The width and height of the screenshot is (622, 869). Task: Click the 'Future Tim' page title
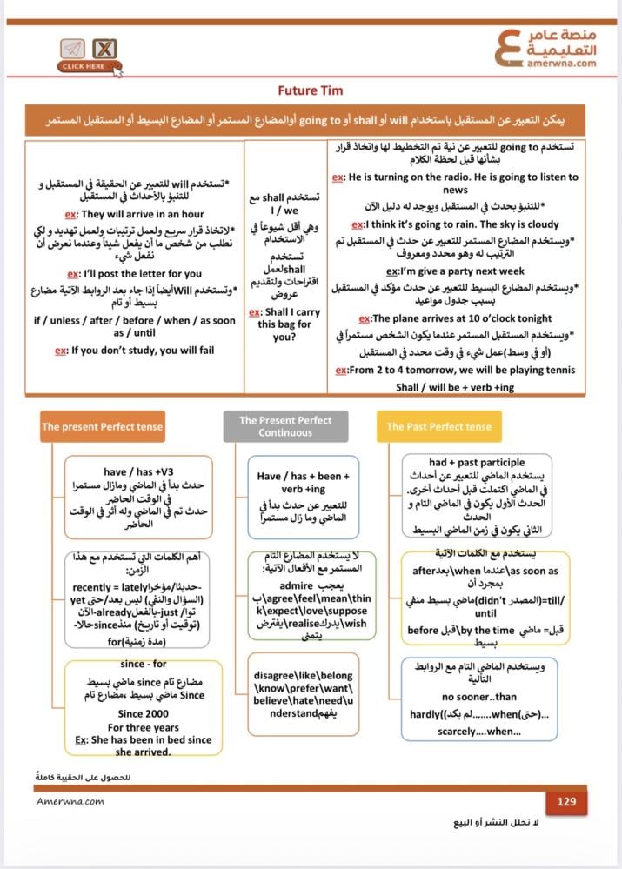[311, 90]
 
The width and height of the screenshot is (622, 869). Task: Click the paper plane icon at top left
[73, 49]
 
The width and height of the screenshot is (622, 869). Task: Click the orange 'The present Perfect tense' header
[102, 427]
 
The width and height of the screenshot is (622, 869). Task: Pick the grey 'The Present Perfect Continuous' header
[285, 426]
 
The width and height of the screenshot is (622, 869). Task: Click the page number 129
[566, 801]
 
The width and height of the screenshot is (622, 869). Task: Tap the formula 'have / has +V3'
[139, 472]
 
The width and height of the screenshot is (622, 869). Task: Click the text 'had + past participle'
[477, 463]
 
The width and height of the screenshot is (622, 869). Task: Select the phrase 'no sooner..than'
[478, 697]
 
